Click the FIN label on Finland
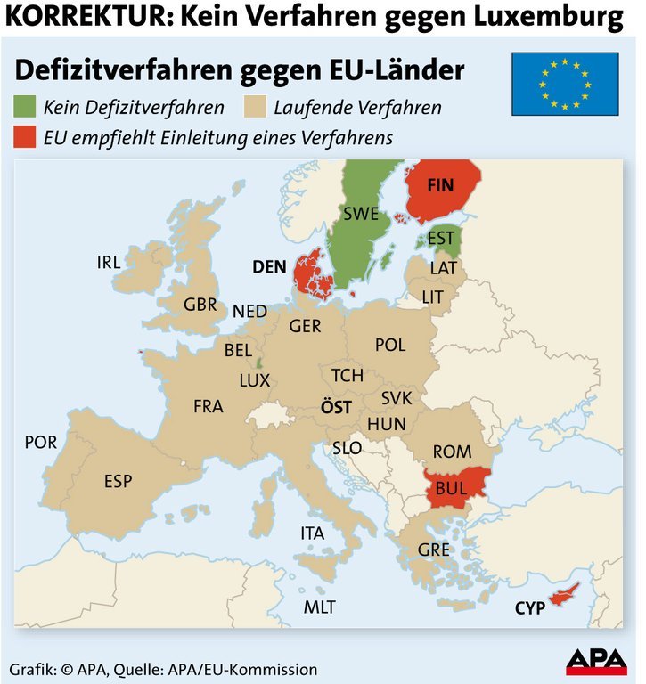(440, 185)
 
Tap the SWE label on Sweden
(361, 214)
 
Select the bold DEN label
(269, 265)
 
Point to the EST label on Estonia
(440, 238)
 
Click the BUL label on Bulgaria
(452, 490)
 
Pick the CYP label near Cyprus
(529, 608)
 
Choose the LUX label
(254, 380)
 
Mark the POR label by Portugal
(41, 442)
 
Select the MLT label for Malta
(319, 607)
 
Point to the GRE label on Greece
(433, 550)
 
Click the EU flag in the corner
(565, 84)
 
